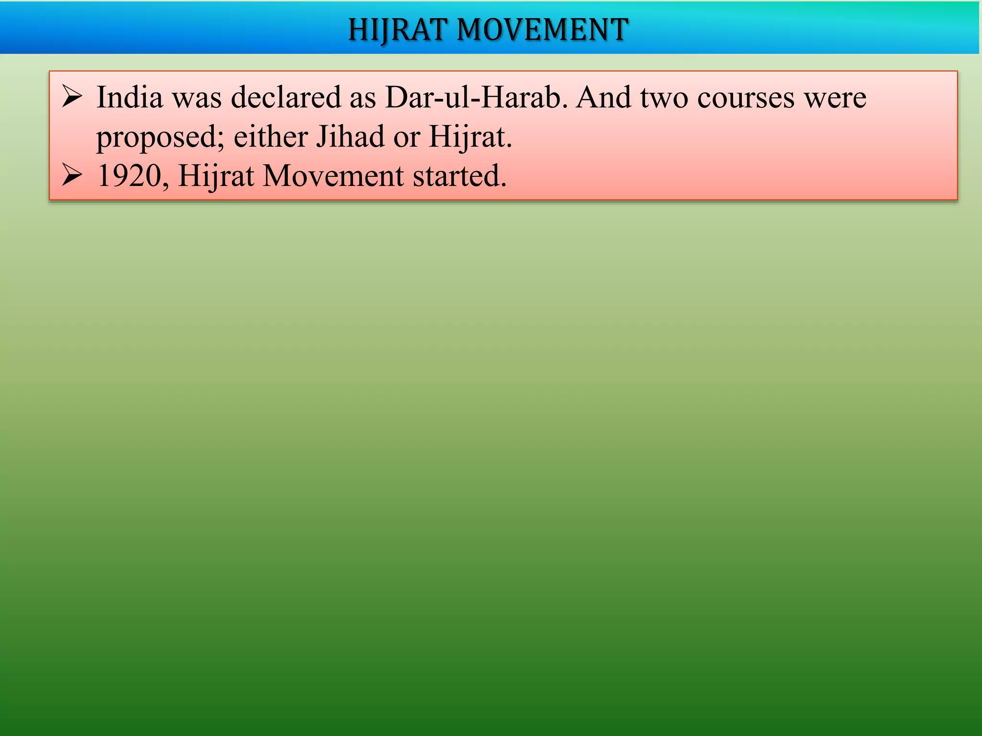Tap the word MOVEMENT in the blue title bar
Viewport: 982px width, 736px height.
[x=542, y=30]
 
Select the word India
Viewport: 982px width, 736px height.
[x=129, y=98]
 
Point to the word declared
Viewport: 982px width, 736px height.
[x=286, y=98]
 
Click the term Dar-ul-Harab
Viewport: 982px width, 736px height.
[x=473, y=98]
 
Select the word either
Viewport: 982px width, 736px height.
[x=270, y=137]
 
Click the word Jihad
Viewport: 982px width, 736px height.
[x=350, y=137]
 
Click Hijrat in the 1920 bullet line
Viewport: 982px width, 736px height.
[x=216, y=176]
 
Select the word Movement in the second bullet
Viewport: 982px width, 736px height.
[x=333, y=176]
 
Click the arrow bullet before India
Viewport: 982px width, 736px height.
[x=72, y=97]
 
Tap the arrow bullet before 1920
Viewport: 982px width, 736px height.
[x=72, y=176]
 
